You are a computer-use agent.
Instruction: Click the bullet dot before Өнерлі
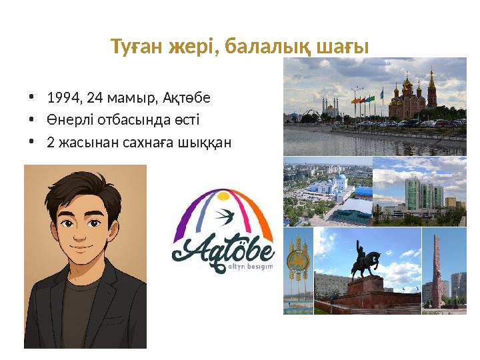tap(31, 121)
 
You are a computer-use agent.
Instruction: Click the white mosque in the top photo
tap(331, 108)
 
